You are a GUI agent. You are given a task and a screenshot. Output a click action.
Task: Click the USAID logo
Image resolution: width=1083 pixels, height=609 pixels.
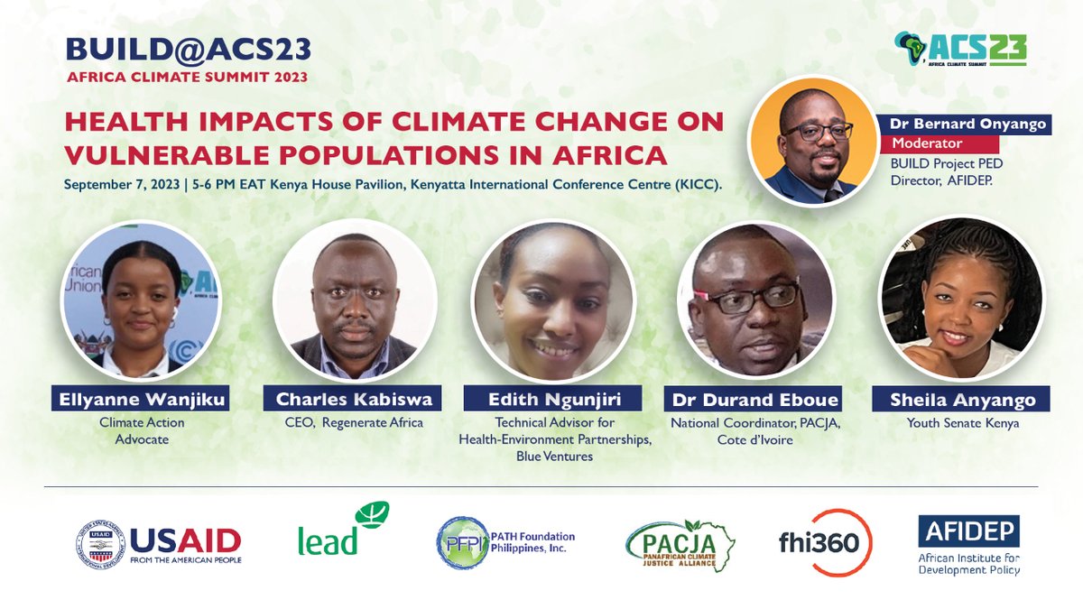159,541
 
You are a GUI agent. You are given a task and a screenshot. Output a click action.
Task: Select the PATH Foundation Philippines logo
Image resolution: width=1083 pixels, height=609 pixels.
505,542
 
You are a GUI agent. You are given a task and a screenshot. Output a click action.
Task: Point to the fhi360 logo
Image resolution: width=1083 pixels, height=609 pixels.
825,541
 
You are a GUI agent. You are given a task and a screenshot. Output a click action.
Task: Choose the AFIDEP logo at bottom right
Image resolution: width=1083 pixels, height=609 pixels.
968,544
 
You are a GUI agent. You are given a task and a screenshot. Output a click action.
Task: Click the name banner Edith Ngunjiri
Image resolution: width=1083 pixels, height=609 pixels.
553,398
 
